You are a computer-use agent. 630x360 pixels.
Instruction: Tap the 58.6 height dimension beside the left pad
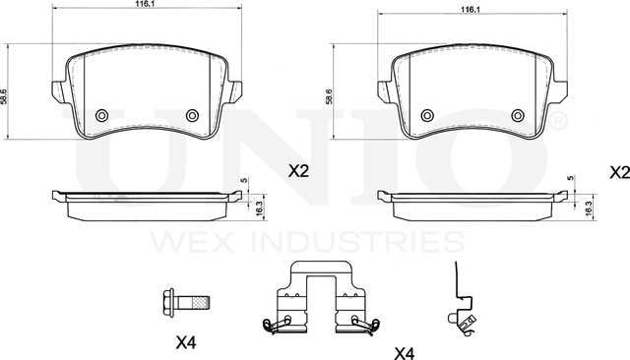pyautogui.click(x=4, y=96)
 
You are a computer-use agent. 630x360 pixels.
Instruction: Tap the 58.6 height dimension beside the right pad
pyautogui.click(x=329, y=96)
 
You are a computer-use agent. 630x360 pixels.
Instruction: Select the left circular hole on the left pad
pyautogui.click(x=102, y=116)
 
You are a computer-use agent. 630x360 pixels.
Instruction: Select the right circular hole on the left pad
pyautogui.click(x=193, y=116)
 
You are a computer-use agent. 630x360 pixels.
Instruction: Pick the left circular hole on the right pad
pyautogui.click(x=427, y=116)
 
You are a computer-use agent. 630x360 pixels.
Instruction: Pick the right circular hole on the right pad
pyautogui.click(x=518, y=116)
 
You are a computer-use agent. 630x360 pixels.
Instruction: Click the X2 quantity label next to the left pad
pyautogui.click(x=298, y=172)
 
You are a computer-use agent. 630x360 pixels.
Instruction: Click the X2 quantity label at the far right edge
pyautogui.click(x=620, y=172)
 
